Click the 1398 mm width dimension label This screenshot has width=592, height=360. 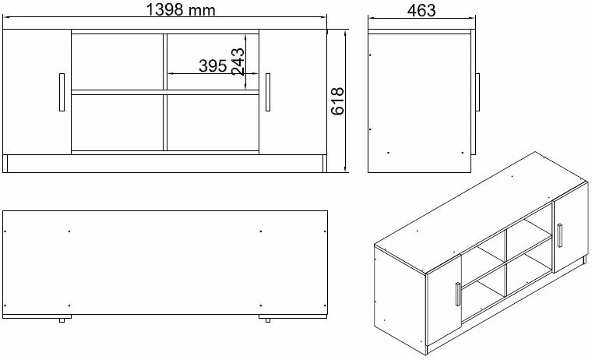click(181, 10)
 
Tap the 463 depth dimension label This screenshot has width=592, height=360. click(421, 10)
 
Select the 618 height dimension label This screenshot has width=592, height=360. click(338, 101)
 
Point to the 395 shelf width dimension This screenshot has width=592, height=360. click(212, 66)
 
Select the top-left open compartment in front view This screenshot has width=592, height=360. click(118, 62)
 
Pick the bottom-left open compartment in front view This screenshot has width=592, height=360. click(118, 122)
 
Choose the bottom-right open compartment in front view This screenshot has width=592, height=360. click(212, 122)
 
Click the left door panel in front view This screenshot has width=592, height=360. click(37, 93)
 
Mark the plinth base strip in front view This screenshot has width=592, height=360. click(164, 164)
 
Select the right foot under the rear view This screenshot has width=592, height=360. click(266, 319)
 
